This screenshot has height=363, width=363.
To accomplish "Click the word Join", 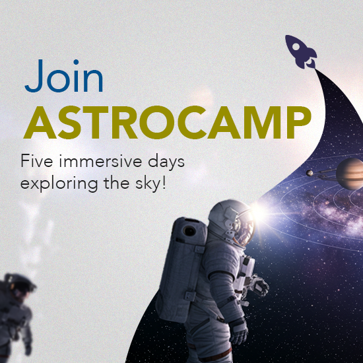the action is click(x=64, y=76).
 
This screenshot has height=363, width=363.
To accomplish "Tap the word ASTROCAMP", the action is click(x=167, y=123).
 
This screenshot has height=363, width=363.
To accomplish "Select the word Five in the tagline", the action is click(x=37, y=160).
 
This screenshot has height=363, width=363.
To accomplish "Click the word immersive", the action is click(x=100, y=160).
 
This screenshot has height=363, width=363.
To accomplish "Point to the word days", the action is click(x=166, y=162).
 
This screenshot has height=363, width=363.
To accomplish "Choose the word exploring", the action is click(x=59, y=183).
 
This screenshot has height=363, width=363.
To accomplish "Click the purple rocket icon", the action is click(x=301, y=52).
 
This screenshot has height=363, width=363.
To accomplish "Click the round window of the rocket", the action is click(x=296, y=47).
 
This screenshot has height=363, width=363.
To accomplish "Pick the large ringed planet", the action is click(x=350, y=174).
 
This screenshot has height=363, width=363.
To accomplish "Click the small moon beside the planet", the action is click(x=310, y=173).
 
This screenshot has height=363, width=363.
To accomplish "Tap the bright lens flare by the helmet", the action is click(x=259, y=212).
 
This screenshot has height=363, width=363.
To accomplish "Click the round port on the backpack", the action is click(x=189, y=231).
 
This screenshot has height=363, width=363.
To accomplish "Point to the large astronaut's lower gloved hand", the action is click(x=238, y=331).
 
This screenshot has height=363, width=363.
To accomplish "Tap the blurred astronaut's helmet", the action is click(x=20, y=284).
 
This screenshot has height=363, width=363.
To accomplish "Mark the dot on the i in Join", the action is click(x=76, y=62).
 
